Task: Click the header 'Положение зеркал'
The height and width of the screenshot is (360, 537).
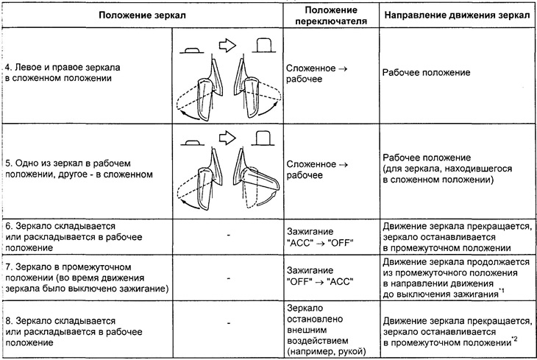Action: coord(142,15)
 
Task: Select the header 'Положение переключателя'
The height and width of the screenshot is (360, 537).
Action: coord(331,15)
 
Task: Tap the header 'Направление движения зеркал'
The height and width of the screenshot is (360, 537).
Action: coord(457,15)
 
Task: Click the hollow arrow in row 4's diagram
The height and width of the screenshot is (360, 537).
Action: coord(227,45)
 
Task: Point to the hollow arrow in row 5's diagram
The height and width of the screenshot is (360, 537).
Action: coord(227,138)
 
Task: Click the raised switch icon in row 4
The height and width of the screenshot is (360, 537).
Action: coord(264,45)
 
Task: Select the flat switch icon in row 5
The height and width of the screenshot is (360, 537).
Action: coord(192,142)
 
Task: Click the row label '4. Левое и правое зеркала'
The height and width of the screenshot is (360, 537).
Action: coord(63,67)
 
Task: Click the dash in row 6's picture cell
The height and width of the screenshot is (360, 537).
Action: coord(229,235)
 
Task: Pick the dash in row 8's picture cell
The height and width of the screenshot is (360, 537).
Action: coord(229,323)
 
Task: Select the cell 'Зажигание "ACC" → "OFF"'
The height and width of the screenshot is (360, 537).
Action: coord(320,237)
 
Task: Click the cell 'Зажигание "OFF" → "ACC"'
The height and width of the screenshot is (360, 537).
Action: coord(320,276)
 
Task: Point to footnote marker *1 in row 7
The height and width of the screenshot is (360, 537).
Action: coord(502,291)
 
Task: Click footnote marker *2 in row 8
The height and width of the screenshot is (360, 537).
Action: coord(514,339)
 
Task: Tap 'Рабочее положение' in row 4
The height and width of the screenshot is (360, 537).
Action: coord(426,72)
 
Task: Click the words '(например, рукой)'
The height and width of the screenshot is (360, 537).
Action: coord(327,351)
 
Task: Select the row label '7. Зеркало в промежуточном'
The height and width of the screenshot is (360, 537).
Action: coord(68,267)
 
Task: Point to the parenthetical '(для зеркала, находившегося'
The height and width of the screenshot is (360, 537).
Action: coord(447,169)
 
